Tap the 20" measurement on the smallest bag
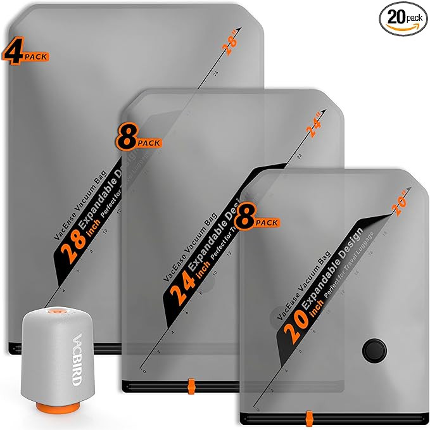coord(402,203)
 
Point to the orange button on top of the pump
coord(56,312)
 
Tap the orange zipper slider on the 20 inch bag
coord(308,419)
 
